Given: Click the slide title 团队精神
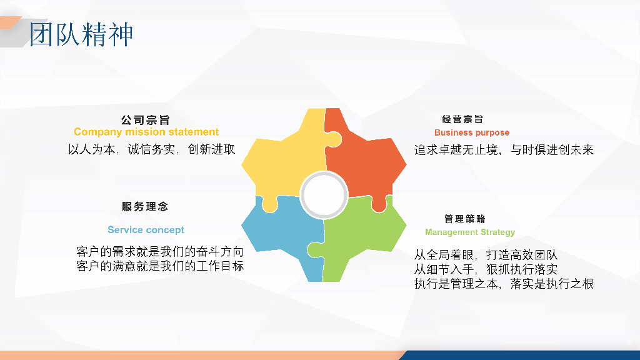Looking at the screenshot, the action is [81, 34].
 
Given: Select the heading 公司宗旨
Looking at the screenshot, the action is [145, 120].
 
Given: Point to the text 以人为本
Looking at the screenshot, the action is [92, 149].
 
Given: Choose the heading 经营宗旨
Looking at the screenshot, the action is [463, 119].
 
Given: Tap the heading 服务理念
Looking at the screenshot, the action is [145, 206].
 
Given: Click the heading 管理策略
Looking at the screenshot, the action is [464, 219].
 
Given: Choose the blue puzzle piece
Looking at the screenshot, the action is [282, 232].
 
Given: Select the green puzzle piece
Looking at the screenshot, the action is [359, 237].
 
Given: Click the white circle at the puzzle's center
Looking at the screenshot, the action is [324, 195].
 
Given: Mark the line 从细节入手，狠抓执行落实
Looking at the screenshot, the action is [486, 269].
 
